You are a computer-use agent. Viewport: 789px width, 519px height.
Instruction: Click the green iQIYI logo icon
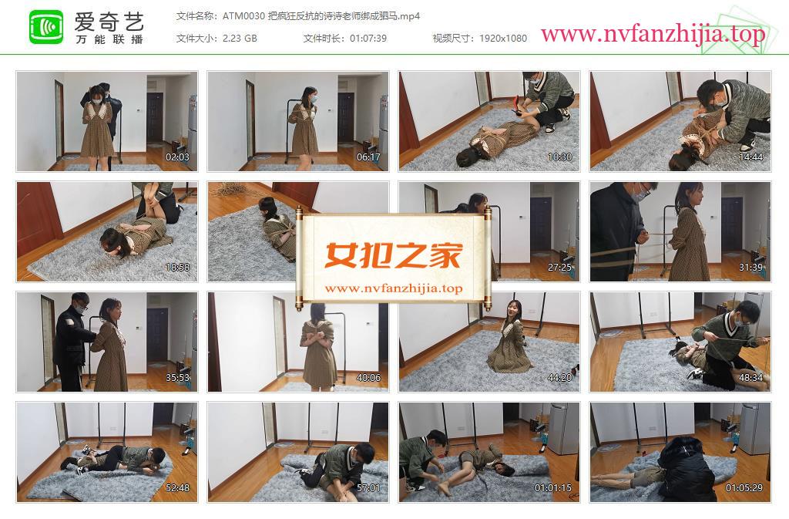pyautogui.click(x=46, y=27)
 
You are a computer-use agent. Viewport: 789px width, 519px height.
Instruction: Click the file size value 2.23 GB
pyautogui.click(x=240, y=39)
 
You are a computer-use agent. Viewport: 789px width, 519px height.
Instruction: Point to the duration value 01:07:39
pyautogui.click(x=368, y=39)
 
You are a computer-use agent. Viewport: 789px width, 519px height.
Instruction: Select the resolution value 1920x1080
pyautogui.click(x=503, y=39)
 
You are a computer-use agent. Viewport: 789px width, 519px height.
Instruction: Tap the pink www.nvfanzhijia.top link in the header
pyautogui.click(x=653, y=34)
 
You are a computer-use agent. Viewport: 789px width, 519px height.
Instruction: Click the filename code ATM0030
pyautogui.click(x=243, y=16)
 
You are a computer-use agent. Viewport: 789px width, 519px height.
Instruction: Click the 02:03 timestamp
pyautogui.click(x=178, y=157)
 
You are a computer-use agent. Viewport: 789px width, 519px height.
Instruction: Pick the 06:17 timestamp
pyautogui.click(x=368, y=157)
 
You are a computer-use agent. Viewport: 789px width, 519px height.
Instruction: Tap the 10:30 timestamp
pyautogui.click(x=559, y=157)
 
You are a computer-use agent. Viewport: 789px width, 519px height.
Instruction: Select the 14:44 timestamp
pyautogui.click(x=750, y=157)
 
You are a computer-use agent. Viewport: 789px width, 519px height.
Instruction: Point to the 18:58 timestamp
pyautogui.click(x=178, y=268)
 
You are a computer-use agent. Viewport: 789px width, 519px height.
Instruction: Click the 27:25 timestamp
pyautogui.click(x=559, y=268)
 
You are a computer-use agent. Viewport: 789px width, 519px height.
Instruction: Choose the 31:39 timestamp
pyautogui.click(x=750, y=268)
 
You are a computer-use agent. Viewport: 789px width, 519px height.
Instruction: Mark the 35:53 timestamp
pyautogui.click(x=178, y=378)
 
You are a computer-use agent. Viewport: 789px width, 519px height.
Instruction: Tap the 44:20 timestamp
pyautogui.click(x=559, y=378)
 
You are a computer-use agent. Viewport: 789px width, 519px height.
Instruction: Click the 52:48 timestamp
pyautogui.click(x=178, y=488)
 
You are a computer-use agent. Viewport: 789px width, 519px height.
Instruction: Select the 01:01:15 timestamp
pyautogui.click(x=553, y=488)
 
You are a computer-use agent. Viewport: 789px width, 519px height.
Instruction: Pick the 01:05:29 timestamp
pyautogui.click(x=744, y=488)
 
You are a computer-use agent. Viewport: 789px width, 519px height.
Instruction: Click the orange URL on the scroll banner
pyautogui.click(x=394, y=288)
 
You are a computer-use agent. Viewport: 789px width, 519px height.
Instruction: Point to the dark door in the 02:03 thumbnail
pyautogui.click(x=155, y=116)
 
